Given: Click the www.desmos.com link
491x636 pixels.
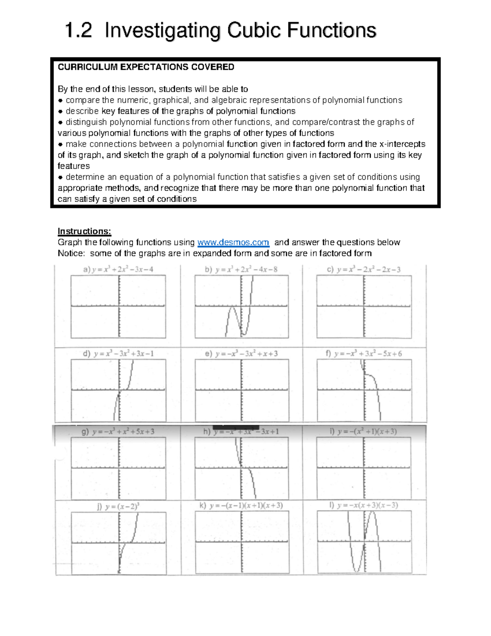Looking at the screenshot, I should coord(233,242).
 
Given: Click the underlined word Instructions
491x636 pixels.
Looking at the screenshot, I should coord(84,231).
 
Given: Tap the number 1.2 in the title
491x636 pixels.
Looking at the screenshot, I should coord(79,31).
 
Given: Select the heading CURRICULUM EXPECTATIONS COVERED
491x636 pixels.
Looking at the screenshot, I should coord(146,67).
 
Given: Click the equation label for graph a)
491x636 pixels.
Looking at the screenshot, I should coord(118,269).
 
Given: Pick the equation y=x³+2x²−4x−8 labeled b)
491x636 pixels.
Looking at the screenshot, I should coord(241,269).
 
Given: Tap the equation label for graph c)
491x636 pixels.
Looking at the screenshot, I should coord(364,269).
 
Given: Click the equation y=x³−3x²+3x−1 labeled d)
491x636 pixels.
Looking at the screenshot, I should coord(118,353).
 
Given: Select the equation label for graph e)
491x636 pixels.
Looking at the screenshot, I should coord(241,353).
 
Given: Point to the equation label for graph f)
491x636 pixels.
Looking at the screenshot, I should coord(364,353).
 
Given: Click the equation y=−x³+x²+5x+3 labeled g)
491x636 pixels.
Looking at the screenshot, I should coord(118,432).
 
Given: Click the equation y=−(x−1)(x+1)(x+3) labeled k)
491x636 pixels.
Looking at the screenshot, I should coord(241,505).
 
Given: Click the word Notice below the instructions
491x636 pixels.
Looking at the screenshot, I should coord(71,253).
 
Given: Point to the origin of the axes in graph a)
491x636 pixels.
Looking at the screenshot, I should coord(119,306).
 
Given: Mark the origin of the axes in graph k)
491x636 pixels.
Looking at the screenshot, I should coord(241,543).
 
